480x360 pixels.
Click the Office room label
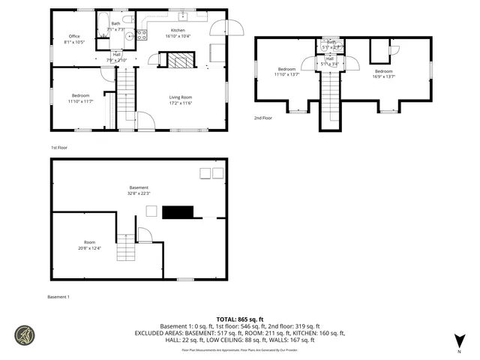click(74, 36)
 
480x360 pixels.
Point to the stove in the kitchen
click(141, 34)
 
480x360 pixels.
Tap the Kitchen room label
click(178, 30)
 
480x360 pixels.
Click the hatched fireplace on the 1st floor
click(180, 60)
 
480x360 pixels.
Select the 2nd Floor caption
click(262, 118)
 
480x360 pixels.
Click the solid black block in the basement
click(178, 211)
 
